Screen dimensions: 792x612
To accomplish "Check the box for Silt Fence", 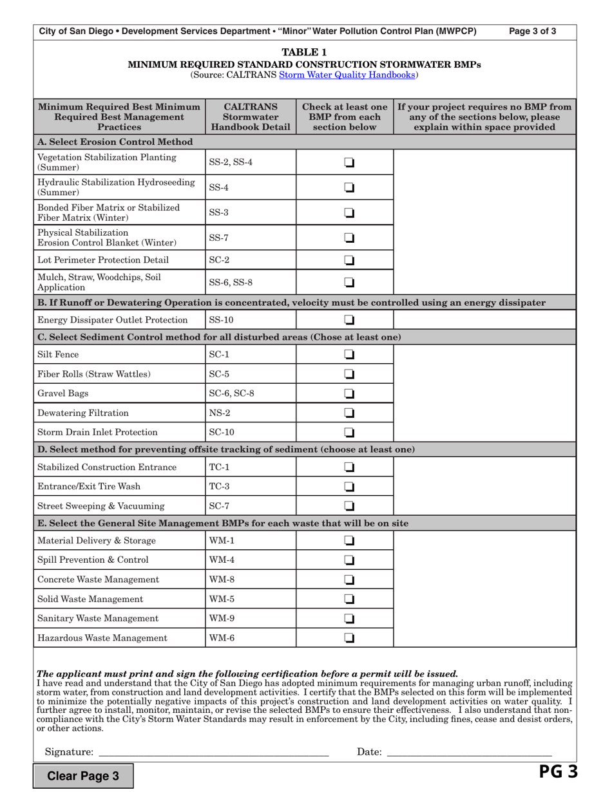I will tap(349, 355).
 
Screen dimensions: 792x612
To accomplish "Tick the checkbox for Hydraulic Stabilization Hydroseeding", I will tap(349, 187).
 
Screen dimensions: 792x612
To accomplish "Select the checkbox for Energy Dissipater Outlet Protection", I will tap(349, 320).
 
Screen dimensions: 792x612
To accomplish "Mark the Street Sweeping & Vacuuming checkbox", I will tap(349, 506).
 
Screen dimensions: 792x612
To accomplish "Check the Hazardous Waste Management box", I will tap(349, 638).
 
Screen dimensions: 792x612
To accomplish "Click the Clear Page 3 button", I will tap(84, 776).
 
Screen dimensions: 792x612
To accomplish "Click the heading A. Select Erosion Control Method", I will tap(115, 142).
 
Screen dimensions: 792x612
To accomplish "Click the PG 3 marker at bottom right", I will tap(558, 772).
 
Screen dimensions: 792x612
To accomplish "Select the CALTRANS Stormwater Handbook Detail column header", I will tap(250, 117).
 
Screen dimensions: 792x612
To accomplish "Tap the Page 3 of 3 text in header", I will tap(532, 31).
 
